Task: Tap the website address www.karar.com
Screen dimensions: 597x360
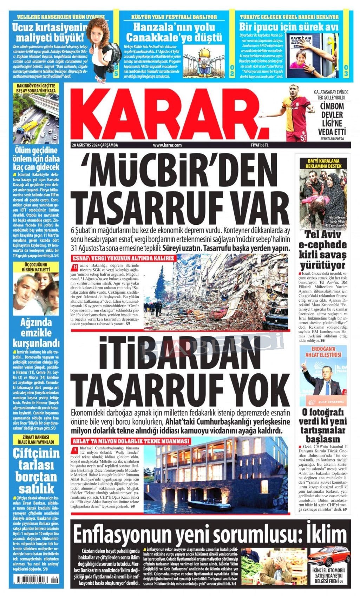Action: (167, 145)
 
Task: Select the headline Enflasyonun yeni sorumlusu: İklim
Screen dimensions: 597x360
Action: (207, 534)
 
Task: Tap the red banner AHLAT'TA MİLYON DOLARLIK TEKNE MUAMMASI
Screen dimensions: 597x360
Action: (131, 441)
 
